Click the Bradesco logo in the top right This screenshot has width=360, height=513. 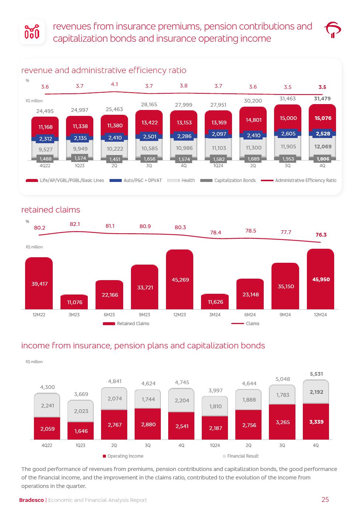tap(332, 30)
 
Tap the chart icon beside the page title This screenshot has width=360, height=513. tap(32, 32)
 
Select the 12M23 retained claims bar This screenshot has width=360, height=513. tap(180, 279)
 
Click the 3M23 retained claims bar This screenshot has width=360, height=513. tap(74, 302)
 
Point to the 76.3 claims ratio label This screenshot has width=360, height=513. tap(321, 235)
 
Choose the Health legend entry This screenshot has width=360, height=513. tap(181, 180)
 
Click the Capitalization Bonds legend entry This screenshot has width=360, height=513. tap(228, 180)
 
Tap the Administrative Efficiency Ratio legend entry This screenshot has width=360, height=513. tap(299, 180)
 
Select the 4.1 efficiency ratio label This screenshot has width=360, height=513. tap(114, 85)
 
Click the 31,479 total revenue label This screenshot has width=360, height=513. tap(322, 99)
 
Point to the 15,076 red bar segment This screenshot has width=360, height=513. tap(322, 118)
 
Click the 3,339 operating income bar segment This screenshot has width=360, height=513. tap(316, 421)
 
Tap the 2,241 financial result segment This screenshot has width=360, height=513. tap(47, 405)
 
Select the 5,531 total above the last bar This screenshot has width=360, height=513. tap(316, 374)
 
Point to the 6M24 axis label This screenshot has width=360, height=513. tap(250, 315)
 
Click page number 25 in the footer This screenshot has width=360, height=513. tap(325, 500)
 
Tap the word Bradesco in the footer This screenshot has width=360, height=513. tap(31, 500)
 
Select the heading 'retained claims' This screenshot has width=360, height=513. tap(51, 210)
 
